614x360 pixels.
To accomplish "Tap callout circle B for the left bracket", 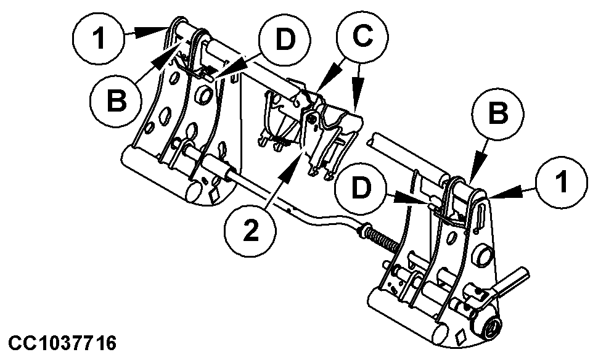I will point(115,101).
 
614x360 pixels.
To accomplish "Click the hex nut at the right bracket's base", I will point(491,329).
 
